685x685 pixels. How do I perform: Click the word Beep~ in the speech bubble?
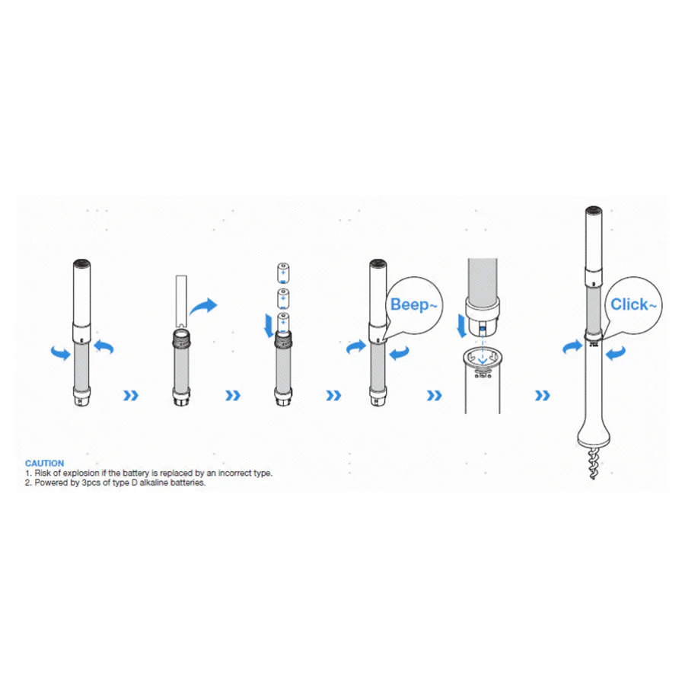click(x=413, y=304)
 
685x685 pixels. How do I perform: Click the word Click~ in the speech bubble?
click(x=633, y=304)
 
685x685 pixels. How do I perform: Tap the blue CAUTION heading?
click(x=45, y=463)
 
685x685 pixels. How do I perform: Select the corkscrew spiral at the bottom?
click(x=593, y=463)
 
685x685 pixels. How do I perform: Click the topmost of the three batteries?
click(x=283, y=273)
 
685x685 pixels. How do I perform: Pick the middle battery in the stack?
click(x=283, y=299)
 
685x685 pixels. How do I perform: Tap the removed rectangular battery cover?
click(x=181, y=301)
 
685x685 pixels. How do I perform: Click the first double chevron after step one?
click(x=131, y=396)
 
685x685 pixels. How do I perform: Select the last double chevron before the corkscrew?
click(x=543, y=396)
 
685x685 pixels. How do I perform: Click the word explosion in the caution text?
click(x=81, y=473)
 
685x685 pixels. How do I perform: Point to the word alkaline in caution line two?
click(x=154, y=483)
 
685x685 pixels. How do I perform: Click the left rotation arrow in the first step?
click(x=61, y=352)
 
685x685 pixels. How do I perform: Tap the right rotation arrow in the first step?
click(x=104, y=347)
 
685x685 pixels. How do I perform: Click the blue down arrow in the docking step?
click(x=462, y=326)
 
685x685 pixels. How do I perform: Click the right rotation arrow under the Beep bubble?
click(x=400, y=352)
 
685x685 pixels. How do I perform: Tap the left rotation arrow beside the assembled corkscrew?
click(x=572, y=347)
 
